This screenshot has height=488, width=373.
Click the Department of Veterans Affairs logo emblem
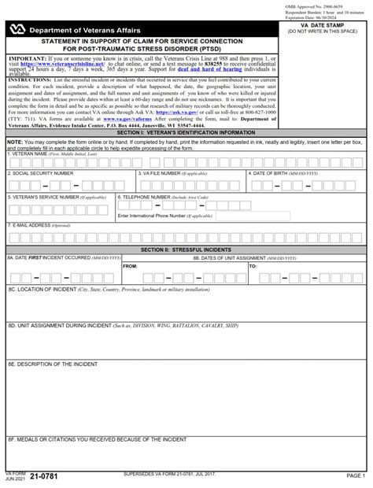click(x=17, y=30)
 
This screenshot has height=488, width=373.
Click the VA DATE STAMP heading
click(x=326, y=26)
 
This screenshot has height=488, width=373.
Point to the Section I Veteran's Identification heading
click(x=186, y=133)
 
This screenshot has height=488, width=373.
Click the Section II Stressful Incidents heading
click(x=186, y=250)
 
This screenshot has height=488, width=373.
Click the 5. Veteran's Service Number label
click(x=49, y=198)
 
